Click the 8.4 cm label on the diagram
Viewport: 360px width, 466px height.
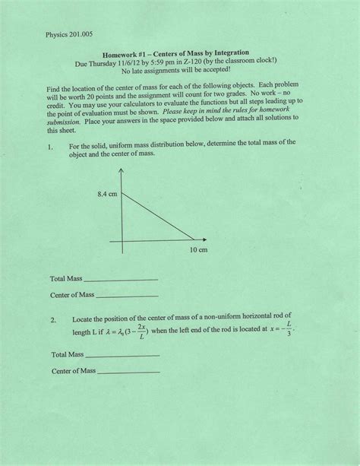pos(106,195)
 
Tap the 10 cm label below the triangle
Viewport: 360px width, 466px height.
pos(198,249)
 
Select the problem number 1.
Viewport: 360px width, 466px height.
pos(49,144)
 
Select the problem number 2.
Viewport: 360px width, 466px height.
pos(52,321)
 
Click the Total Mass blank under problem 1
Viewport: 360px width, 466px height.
pos(122,280)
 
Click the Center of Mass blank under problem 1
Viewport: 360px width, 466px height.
pos(128,295)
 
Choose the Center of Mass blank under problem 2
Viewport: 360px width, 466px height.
pos(129,372)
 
